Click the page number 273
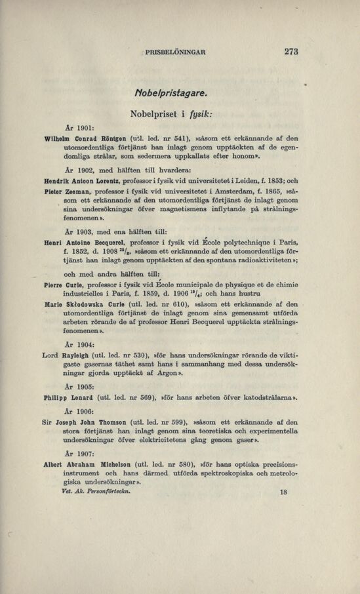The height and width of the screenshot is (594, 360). click(x=292, y=52)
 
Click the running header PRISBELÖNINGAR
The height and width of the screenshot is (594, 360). click(x=176, y=53)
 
